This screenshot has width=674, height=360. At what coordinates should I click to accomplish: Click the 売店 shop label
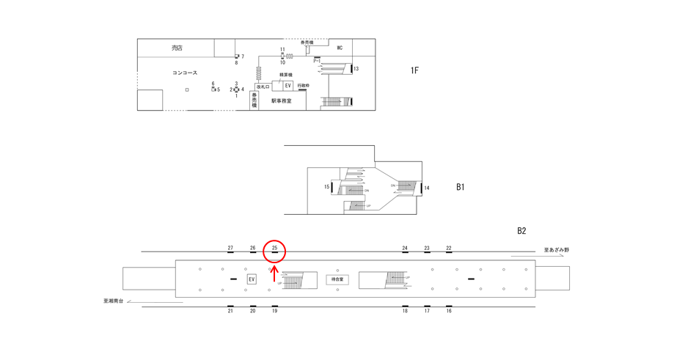click(177, 48)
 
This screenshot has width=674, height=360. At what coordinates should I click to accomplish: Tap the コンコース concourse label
click(185, 73)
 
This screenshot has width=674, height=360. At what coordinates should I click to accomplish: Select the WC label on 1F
click(340, 48)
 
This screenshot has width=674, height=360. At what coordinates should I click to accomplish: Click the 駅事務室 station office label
click(281, 101)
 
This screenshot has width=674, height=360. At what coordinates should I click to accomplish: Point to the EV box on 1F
click(288, 86)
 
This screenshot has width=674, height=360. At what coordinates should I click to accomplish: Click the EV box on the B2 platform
click(252, 279)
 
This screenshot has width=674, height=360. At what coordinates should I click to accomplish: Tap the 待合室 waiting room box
click(337, 279)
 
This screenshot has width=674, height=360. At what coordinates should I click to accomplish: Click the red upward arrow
click(274, 274)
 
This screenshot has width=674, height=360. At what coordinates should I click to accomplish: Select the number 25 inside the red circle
click(274, 249)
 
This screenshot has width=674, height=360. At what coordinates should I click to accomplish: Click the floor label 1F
click(414, 70)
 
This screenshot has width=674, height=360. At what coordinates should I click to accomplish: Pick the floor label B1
click(461, 187)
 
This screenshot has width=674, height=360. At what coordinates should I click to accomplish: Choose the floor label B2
click(521, 231)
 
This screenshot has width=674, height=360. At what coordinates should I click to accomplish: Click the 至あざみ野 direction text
click(557, 251)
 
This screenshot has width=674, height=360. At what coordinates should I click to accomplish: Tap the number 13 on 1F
click(356, 69)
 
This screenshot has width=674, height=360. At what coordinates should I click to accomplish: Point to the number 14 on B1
click(427, 188)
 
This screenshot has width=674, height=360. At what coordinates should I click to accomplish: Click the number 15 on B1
click(327, 187)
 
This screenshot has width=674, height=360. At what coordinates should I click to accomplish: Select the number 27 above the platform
click(230, 249)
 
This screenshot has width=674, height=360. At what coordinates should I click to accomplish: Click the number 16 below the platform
click(449, 311)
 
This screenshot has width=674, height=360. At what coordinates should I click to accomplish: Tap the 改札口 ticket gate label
click(263, 87)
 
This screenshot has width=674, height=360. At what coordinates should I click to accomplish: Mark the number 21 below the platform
click(230, 311)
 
